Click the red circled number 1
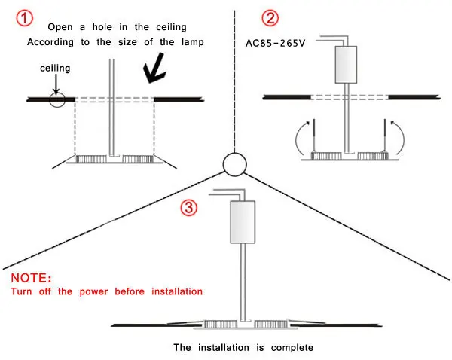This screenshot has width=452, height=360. pyautogui.click(x=25, y=18)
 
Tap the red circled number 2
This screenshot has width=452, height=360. pyautogui.click(x=270, y=18)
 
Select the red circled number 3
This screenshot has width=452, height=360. pyautogui.click(x=189, y=207)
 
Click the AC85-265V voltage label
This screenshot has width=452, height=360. pyautogui.click(x=275, y=43)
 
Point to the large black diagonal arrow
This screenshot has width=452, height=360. pyautogui.click(x=154, y=69)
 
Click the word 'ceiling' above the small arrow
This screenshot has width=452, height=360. pyautogui.click(x=55, y=69)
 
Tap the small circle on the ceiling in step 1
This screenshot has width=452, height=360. pyautogui.click(x=57, y=99)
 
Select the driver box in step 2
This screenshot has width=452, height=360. pyautogui.click(x=346, y=65)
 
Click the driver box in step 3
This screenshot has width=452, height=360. pyautogui.click(x=243, y=222)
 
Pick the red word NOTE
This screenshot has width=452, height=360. pyautogui.click(x=31, y=278)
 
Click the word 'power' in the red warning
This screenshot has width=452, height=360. pyautogui.click(x=93, y=292)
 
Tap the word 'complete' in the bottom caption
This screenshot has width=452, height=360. pyautogui.click(x=292, y=348)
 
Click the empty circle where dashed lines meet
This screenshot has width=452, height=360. pyautogui.click(x=234, y=164)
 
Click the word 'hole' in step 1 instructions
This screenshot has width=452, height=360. pyautogui.click(x=102, y=27)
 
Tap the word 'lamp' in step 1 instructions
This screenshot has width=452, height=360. pyautogui.click(x=193, y=43)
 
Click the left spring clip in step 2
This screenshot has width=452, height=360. pyautogui.click(x=314, y=136)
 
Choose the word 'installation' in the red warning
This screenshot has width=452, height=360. pyautogui.click(x=177, y=291)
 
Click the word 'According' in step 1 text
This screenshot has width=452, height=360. pyautogui.click(x=50, y=43)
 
